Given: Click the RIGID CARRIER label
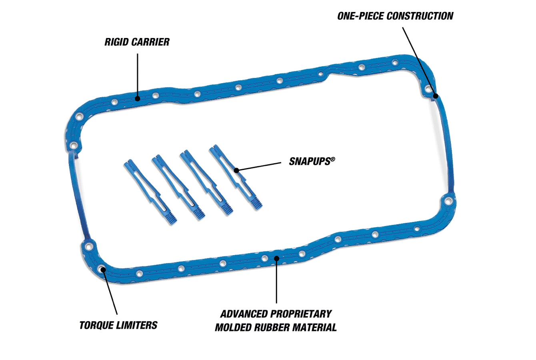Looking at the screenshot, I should tap(137, 42).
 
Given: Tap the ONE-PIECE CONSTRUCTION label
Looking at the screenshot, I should tap(395, 16).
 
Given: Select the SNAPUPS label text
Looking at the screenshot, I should tap(309, 162).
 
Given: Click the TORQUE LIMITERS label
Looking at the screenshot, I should tap(118, 325).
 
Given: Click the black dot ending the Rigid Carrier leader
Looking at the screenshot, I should tap(137, 98).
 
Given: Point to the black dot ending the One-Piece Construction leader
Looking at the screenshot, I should tap(436, 96).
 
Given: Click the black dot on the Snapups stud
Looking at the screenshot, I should tap(236, 170).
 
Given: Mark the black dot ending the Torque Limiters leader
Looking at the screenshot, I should tap(103, 269).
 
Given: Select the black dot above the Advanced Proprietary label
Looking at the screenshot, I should tap(276, 258).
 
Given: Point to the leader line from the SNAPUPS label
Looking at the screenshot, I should tap(260, 166).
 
